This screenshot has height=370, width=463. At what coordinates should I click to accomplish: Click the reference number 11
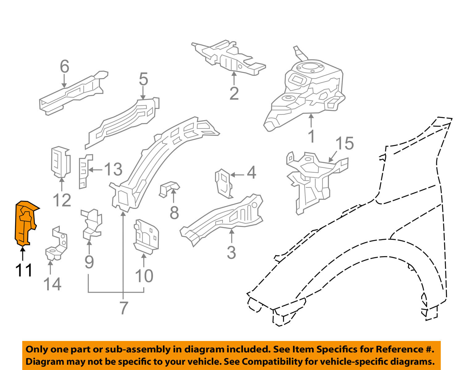tap(24, 270)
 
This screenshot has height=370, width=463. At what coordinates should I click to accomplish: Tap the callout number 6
tap(64, 67)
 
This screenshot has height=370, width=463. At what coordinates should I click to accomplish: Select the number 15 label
tap(344, 143)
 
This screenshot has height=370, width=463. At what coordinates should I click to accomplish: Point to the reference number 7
tap(123, 308)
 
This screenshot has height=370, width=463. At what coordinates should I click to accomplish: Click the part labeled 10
tap(146, 236)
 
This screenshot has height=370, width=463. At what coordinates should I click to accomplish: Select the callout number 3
tap(231, 252)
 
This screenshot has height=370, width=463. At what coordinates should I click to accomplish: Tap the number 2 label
tap(234, 93)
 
